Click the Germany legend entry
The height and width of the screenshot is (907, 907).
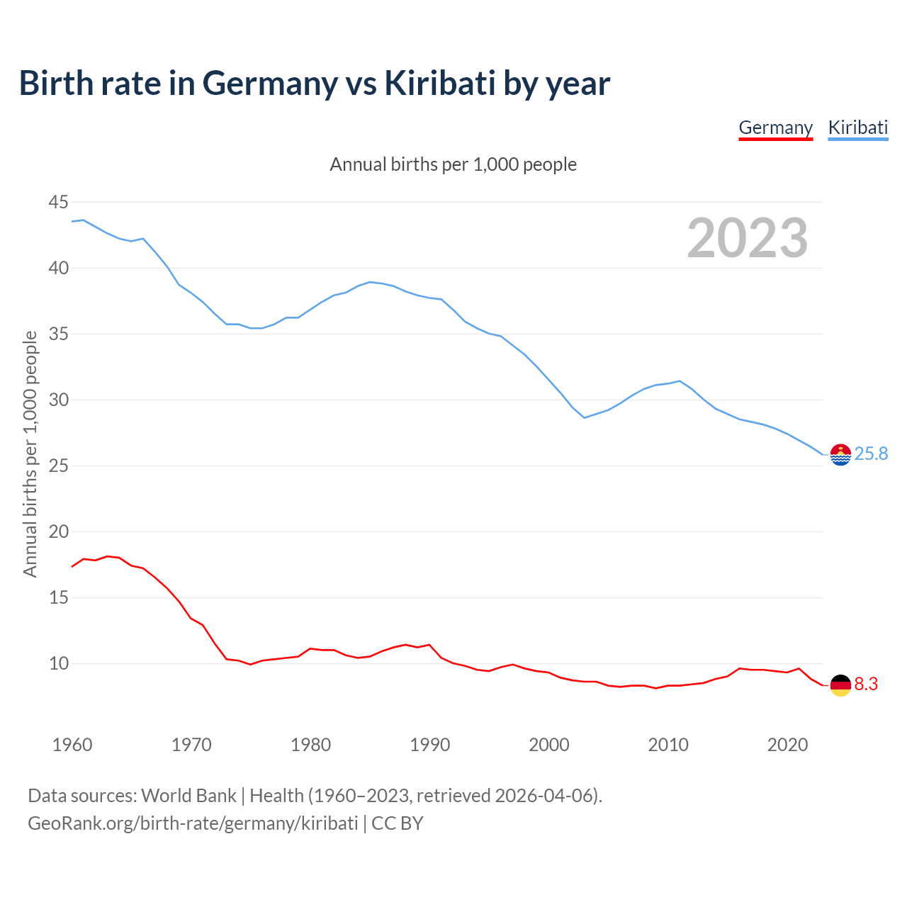(x=775, y=128)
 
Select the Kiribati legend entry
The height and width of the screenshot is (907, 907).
(x=858, y=128)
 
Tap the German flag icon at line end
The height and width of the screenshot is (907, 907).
(x=840, y=685)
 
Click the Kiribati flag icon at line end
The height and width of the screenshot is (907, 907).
(x=840, y=454)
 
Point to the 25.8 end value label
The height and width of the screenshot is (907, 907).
(x=871, y=453)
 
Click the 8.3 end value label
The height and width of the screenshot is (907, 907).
(x=866, y=685)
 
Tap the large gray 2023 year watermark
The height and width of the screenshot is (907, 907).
(x=748, y=238)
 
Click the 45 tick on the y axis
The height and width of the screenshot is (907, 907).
(x=59, y=203)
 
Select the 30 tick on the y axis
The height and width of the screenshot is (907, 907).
(x=59, y=400)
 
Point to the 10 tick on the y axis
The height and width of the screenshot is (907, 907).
(x=59, y=664)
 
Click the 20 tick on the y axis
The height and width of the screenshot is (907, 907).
(x=59, y=532)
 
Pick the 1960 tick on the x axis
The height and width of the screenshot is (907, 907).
(x=72, y=745)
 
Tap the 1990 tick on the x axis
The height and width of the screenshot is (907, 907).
(x=430, y=745)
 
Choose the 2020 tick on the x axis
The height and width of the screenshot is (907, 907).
(x=787, y=745)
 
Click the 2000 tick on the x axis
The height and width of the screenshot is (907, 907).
(x=549, y=745)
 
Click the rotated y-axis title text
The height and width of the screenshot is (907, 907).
(x=30, y=453)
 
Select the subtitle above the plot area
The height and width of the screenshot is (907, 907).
(x=453, y=164)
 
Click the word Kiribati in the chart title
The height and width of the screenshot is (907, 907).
(x=439, y=83)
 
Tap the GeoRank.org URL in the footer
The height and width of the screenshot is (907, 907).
(x=193, y=823)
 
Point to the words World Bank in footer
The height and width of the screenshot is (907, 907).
(x=188, y=796)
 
